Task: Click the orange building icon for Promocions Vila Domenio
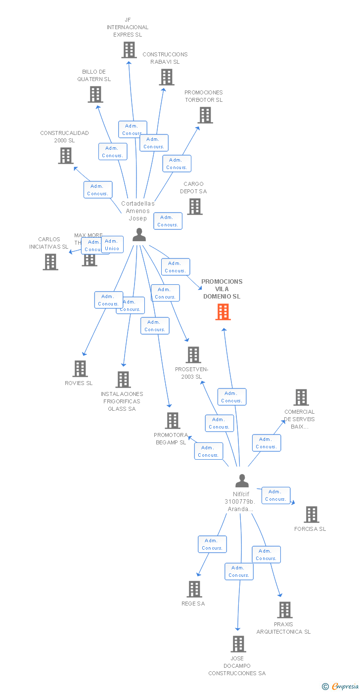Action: [x=223, y=312]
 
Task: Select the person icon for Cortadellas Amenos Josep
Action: [x=139, y=235]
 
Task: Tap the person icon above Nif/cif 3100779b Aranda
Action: [x=242, y=480]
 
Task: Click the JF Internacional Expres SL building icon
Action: [x=129, y=50]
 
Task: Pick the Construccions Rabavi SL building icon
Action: [x=167, y=77]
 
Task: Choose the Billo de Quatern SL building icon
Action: [x=95, y=94]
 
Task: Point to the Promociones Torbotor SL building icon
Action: [x=205, y=115]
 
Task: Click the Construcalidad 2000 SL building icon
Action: [x=66, y=156]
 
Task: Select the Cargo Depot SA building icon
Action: [x=195, y=207]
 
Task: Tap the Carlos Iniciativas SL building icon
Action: [x=50, y=262]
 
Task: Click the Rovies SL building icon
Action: [x=80, y=369]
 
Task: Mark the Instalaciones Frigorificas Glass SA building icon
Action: [x=123, y=380]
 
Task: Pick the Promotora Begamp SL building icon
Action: [x=173, y=421]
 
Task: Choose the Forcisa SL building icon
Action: [x=312, y=515]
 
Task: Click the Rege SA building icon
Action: [x=194, y=589]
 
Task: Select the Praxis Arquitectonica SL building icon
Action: [x=285, y=610]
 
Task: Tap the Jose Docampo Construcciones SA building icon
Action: [x=238, y=644]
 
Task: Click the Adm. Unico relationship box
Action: [x=112, y=245]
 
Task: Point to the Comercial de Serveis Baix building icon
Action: [x=301, y=397]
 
